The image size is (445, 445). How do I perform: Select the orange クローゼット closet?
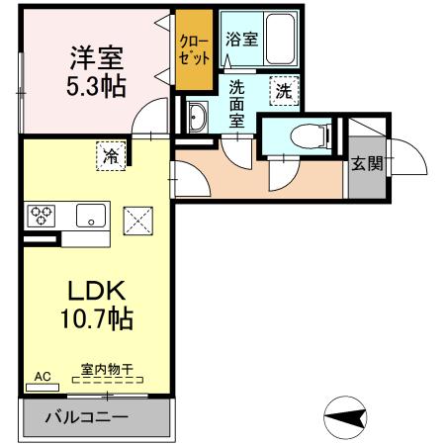(195, 48)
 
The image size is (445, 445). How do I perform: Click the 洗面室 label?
(238, 102)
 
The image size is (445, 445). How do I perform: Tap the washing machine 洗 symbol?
(284, 91)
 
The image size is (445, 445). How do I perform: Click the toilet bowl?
(305, 136)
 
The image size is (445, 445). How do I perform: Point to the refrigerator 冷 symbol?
(112, 154)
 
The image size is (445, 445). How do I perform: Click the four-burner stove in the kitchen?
(43, 215)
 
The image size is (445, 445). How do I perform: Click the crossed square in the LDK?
(135, 221)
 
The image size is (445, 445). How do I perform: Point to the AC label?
(43, 377)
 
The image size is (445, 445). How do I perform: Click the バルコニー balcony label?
(87, 417)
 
